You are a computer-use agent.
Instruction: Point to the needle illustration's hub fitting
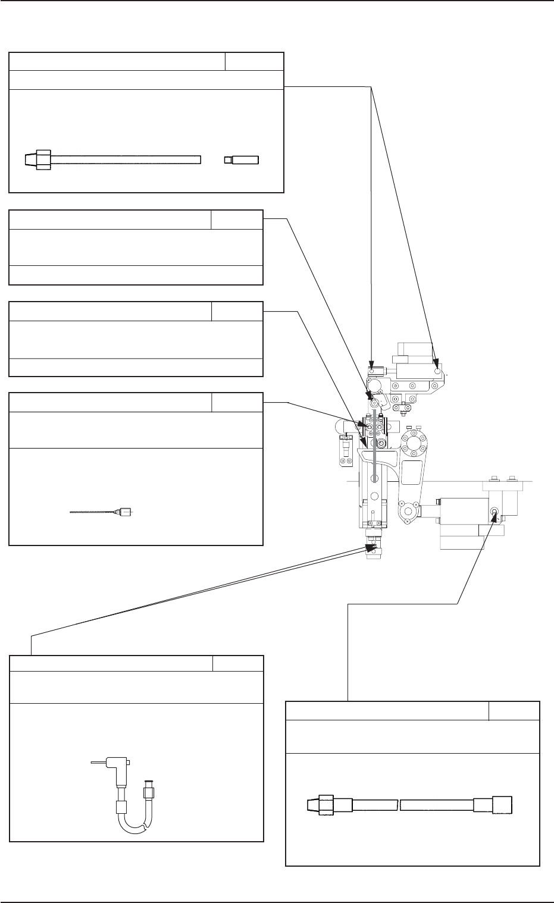124,512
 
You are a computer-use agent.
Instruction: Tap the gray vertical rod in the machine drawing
374,440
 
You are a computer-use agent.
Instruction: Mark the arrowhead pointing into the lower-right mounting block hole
493,515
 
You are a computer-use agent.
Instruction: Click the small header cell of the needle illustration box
237,402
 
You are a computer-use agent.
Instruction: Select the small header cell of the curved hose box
238,664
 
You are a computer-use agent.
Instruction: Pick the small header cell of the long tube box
254,61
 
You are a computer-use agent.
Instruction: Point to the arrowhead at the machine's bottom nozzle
373,544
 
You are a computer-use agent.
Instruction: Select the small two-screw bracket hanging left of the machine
345,450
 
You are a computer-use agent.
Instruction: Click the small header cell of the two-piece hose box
514,711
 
